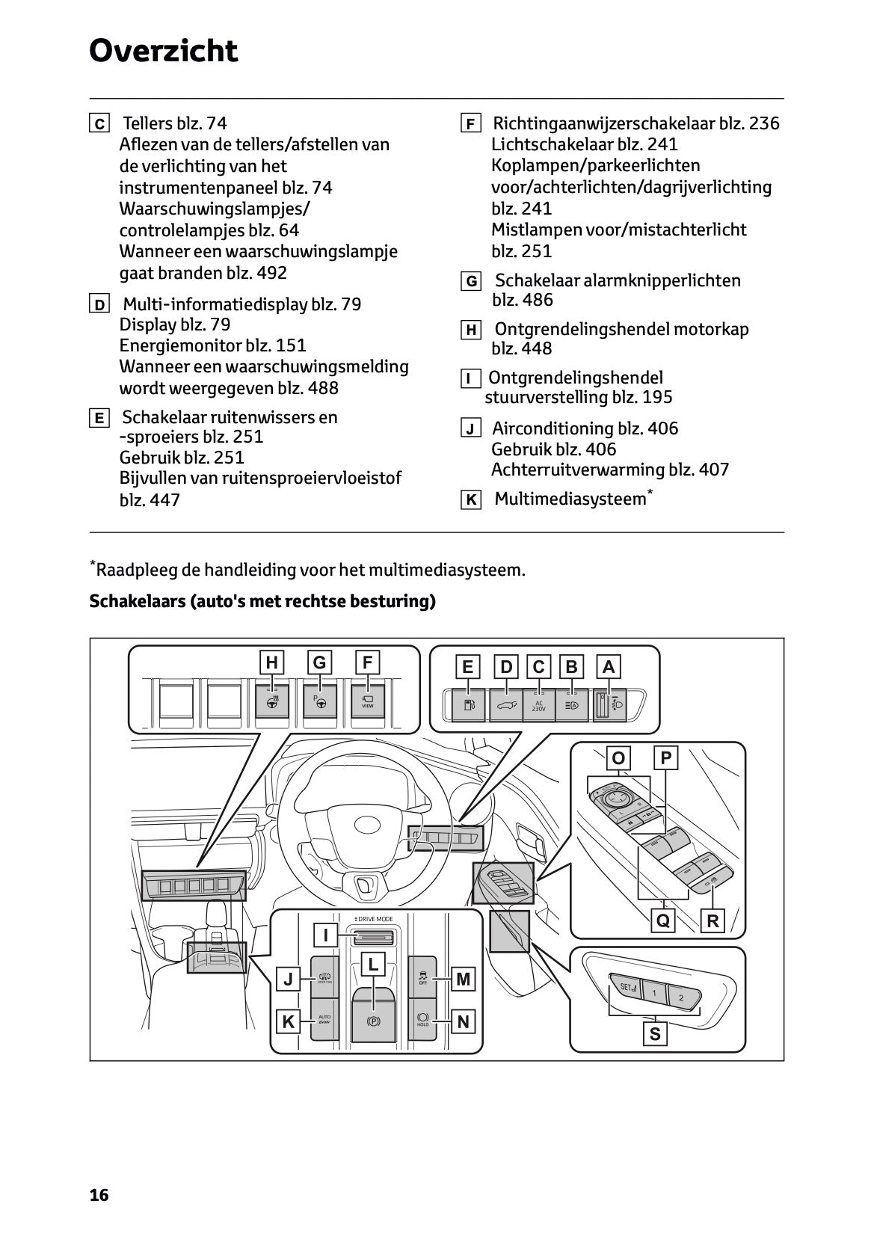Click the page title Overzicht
pos(163,52)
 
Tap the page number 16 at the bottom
pos(99,1195)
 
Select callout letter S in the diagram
pos(655,1034)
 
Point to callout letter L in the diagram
pos(373,965)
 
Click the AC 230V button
pos(539,705)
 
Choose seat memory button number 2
pos(681,997)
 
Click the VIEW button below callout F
pos(367,702)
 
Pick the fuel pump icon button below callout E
pos(469,705)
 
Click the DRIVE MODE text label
pos(374,919)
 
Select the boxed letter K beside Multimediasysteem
pos(470,500)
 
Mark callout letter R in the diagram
pos(713,921)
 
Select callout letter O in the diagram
pos(618,759)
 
